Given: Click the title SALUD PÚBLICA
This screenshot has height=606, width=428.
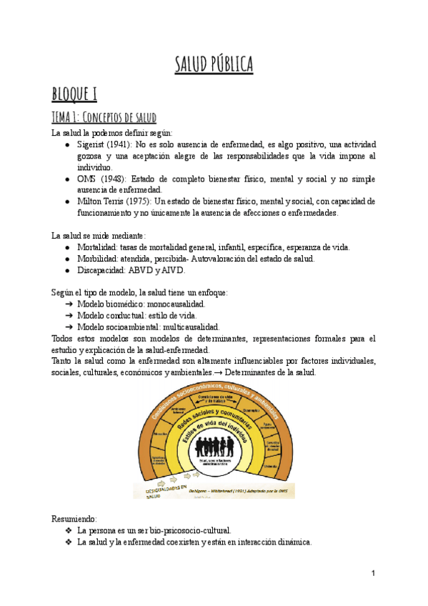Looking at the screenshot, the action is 214,64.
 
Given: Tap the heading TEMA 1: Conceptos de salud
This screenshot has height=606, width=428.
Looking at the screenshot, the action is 104,117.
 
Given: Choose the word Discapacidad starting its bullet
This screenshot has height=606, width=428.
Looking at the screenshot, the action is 101,270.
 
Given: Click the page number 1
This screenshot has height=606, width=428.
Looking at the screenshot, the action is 373,573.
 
